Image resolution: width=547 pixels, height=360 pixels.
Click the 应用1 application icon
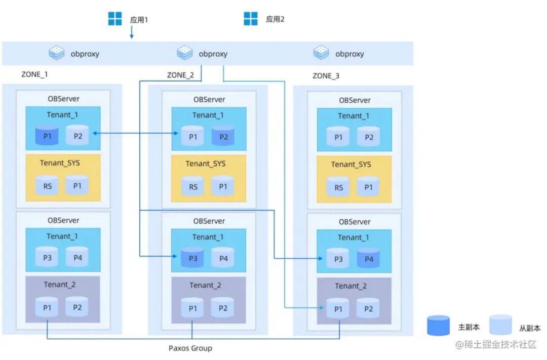(x=115, y=19)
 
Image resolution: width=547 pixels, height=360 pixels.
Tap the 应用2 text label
(x=275, y=19)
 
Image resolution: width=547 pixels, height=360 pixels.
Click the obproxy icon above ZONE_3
(x=321, y=53)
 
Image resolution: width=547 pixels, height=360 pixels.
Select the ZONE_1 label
(x=34, y=74)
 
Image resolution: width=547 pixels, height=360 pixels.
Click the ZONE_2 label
(x=180, y=75)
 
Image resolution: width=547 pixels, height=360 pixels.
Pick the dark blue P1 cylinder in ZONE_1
(x=47, y=135)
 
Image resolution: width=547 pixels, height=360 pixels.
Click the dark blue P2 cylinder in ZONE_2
(x=223, y=136)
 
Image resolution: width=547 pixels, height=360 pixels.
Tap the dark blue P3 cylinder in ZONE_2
(x=192, y=257)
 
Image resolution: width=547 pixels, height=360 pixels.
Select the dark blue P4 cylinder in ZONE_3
(x=368, y=258)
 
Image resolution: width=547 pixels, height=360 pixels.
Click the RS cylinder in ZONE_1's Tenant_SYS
(x=47, y=185)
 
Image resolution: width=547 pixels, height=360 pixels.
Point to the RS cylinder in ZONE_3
(x=338, y=187)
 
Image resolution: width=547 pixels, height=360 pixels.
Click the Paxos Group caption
(x=190, y=348)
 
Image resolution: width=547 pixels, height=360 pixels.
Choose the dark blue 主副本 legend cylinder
(x=438, y=326)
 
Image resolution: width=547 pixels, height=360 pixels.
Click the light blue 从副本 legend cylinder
(x=500, y=325)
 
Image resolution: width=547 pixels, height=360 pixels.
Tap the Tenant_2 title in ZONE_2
(x=205, y=286)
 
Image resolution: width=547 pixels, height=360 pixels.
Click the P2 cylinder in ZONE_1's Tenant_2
(x=77, y=307)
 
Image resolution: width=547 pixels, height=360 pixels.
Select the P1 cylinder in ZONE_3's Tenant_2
(x=338, y=308)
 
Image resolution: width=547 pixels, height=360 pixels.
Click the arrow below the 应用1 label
(x=132, y=32)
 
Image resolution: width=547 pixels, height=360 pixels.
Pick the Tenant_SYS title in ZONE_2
(x=205, y=164)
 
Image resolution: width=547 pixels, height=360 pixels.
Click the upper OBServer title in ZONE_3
(x=355, y=100)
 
